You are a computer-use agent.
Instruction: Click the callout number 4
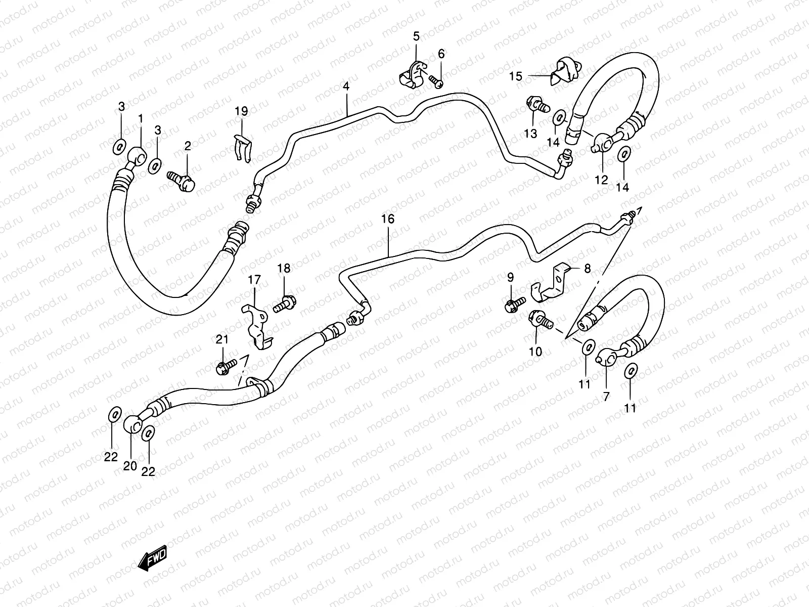346,86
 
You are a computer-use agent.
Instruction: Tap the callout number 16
387,219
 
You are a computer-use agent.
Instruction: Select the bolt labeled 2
182,181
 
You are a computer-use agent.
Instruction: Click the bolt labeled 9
512,305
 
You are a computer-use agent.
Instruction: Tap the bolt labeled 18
285,303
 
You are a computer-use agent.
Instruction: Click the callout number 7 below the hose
606,397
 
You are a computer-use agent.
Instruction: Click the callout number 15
515,76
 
